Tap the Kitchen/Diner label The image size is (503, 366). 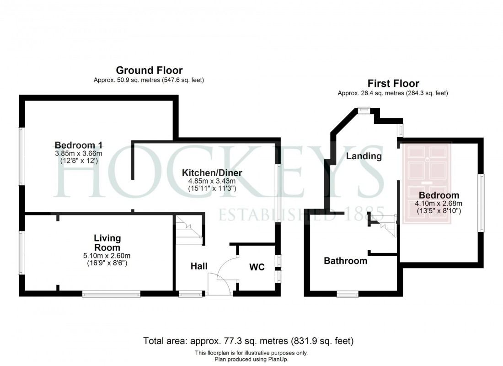click(x=212, y=173)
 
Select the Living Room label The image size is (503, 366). click(x=107, y=243)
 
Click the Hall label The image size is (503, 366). click(x=199, y=266)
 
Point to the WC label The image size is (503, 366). click(x=257, y=267)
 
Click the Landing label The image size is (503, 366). click(x=364, y=156)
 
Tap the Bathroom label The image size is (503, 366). click(x=345, y=261)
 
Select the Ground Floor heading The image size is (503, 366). click(x=149, y=70)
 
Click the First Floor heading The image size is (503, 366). click(x=393, y=84)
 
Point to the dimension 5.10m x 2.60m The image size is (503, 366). click(x=107, y=256)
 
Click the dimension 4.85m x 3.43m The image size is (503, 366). click(x=212, y=181)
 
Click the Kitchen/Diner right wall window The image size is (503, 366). click(x=278, y=192)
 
